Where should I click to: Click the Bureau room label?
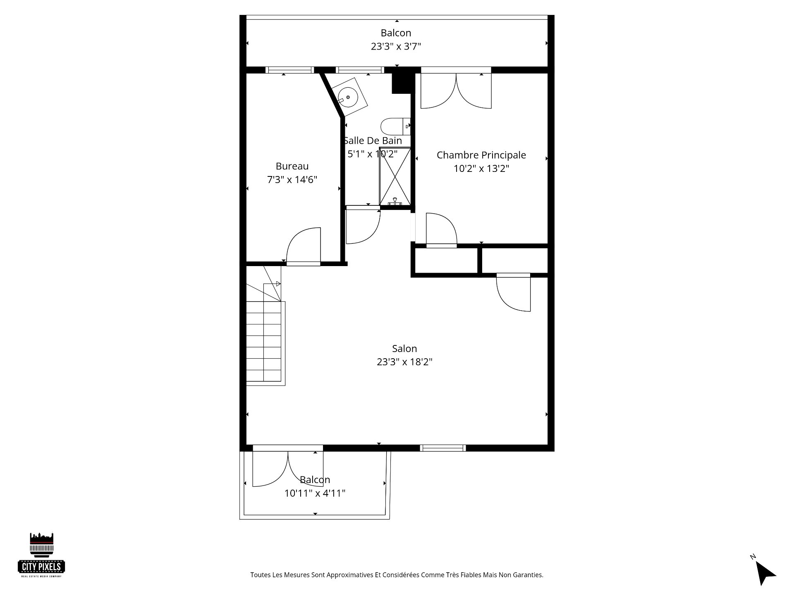(292, 166)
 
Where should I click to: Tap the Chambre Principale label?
(481, 155)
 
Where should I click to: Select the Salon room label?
(404, 348)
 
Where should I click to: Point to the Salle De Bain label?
(373, 140)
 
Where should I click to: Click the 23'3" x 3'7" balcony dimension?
(396, 46)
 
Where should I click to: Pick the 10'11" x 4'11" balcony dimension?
(315, 493)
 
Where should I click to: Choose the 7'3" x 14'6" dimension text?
(292, 180)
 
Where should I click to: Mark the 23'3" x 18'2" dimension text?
(404, 362)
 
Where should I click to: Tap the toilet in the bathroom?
(395, 126)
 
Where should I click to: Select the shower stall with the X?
(395, 176)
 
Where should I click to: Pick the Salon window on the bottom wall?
(443, 448)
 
